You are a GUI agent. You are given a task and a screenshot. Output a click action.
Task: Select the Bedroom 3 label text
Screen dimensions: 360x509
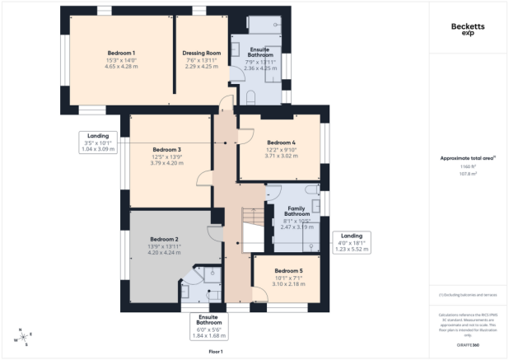(x=166, y=149)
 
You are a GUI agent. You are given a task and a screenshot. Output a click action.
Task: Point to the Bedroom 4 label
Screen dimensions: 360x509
(x=281, y=142)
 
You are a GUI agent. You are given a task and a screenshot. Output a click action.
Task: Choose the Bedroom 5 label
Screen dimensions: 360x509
(x=288, y=271)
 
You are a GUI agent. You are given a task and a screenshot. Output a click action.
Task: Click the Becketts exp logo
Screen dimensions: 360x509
(x=467, y=29)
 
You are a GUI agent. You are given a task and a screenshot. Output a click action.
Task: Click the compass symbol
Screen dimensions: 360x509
(x=23, y=337)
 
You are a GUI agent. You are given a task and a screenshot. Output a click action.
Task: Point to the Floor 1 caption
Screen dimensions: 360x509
(x=216, y=352)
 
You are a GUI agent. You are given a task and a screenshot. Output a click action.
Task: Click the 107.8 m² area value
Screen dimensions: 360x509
(x=468, y=174)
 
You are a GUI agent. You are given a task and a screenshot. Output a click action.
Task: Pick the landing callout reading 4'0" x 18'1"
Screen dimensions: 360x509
(x=352, y=241)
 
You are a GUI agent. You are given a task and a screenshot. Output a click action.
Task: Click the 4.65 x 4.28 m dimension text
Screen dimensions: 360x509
(x=120, y=66)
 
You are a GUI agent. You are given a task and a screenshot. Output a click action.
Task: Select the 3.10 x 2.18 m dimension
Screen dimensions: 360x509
(x=288, y=284)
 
